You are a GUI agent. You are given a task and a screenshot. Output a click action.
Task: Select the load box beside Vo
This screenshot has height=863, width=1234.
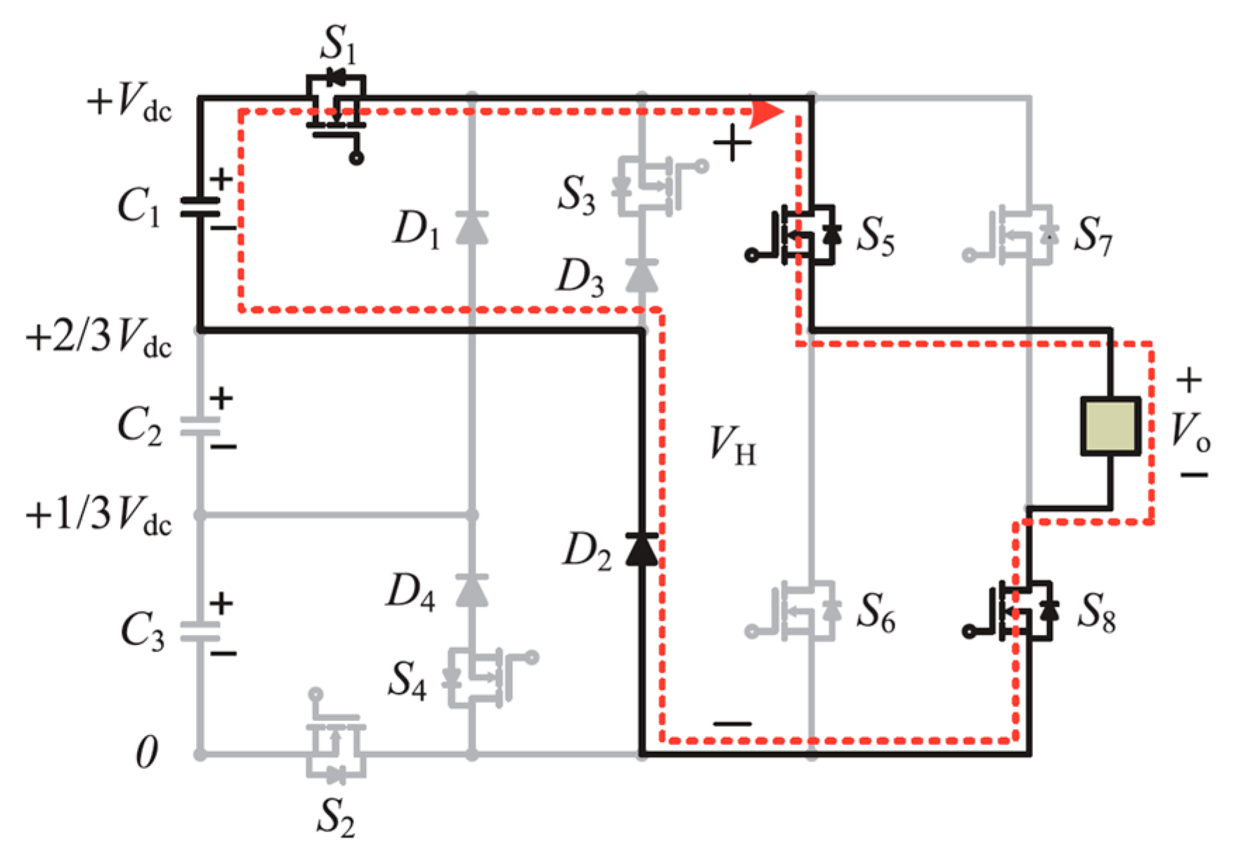[1110, 426]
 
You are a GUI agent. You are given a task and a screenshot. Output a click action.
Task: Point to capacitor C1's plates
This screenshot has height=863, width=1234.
[200, 207]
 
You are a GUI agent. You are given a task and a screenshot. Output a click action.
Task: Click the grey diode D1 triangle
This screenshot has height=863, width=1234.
[472, 228]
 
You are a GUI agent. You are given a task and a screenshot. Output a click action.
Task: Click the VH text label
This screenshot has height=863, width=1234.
[732, 446]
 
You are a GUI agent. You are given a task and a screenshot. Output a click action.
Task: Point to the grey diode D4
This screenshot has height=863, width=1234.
[472, 590]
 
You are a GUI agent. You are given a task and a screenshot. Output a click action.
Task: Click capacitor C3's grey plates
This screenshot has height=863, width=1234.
[200, 631]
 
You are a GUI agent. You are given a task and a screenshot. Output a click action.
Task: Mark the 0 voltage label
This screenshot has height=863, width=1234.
[146, 753]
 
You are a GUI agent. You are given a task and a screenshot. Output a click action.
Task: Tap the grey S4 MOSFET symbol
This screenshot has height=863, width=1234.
[478, 677]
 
